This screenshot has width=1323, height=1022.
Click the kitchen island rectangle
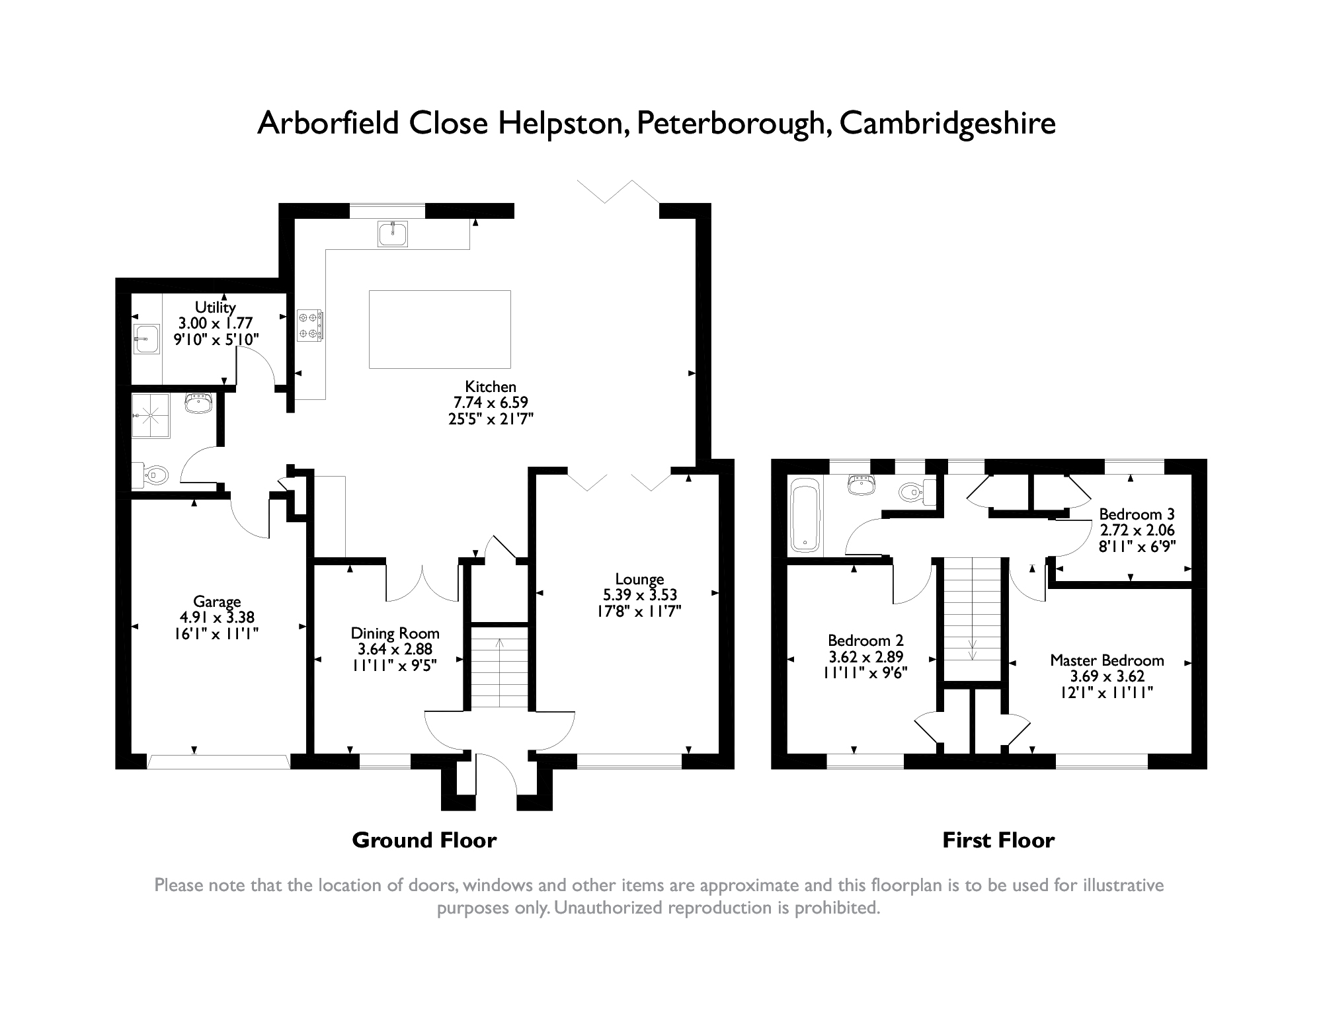(x=440, y=329)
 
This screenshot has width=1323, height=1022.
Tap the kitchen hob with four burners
(x=310, y=325)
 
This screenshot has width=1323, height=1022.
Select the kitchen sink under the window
(x=393, y=234)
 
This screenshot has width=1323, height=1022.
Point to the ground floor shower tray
(x=151, y=416)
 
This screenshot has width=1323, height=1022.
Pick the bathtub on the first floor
(x=805, y=516)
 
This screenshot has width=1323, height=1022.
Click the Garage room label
(x=217, y=602)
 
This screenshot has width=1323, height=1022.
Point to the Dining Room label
(x=395, y=633)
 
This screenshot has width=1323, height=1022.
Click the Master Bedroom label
(x=1107, y=660)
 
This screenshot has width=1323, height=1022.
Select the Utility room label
(x=216, y=307)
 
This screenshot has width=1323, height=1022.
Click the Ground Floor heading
(x=424, y=840)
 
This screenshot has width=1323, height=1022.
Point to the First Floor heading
(x=998, y=840)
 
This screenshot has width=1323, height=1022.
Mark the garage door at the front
(x=218, y=762)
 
